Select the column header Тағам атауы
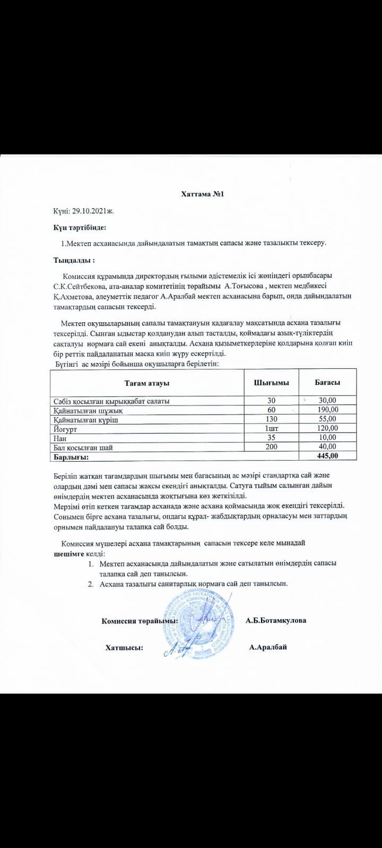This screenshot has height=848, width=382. click(x=147, y=383)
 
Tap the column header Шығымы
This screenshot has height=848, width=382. click(x=272, y=383)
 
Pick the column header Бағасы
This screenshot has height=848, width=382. click(x=327, y=383)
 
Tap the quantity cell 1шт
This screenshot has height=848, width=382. click(x=272, y=428)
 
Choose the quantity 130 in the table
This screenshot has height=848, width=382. click(x=272, y=419)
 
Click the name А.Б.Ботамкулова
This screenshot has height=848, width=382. click(x=275, y=620)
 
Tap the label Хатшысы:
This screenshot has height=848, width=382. click(x=124, y=648)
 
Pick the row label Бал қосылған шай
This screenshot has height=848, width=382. click(x=83, y=447)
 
